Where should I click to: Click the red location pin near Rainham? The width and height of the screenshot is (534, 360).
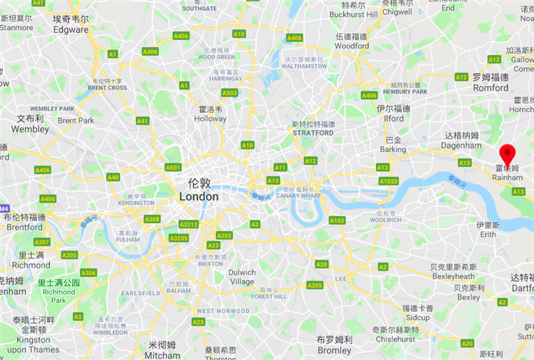coord(507,153)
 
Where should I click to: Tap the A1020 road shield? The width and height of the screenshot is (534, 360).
coord(388,181)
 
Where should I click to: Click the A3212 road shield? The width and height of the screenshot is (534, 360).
coord(188,224)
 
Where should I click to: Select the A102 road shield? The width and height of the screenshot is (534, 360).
coord(337,220)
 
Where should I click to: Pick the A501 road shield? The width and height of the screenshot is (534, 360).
coord(173,167)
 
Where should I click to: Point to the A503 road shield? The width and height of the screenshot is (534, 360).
coord(229,93)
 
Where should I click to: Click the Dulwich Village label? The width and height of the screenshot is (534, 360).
coord(242,277)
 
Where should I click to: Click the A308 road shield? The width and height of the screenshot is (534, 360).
coord(152,219)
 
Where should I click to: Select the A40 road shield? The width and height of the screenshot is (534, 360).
coord(113,177)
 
